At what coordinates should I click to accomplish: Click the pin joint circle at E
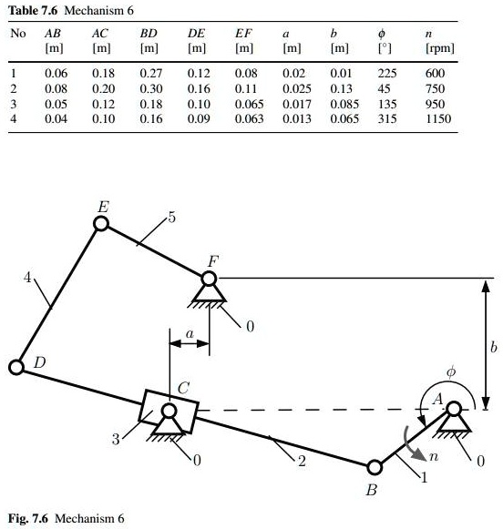point(101,223)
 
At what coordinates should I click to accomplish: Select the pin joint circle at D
point(16,367)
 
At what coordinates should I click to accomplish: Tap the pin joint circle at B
point(374,468)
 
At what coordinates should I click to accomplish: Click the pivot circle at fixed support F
point(209,279)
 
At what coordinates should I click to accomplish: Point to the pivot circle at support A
point(454,409)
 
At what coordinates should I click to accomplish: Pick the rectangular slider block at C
point(168,412)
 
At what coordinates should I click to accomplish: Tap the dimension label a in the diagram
point(190,333)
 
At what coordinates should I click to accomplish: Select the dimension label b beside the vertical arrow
point(493,347)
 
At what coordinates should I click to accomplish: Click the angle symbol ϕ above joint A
point(451,372)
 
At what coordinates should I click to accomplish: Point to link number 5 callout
point(172,218)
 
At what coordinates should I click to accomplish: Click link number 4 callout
point(27,278)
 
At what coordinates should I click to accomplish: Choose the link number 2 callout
point(302,461)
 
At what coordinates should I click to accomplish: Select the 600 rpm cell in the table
point(435,73)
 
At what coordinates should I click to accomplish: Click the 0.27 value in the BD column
point(151,73)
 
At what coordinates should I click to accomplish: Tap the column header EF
point(243,34)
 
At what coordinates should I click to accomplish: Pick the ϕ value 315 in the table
point(387,118)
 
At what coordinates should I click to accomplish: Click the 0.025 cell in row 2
point(297,88)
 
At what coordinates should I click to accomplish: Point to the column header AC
point(100,34)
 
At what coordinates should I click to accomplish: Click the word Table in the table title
point(23,10)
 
